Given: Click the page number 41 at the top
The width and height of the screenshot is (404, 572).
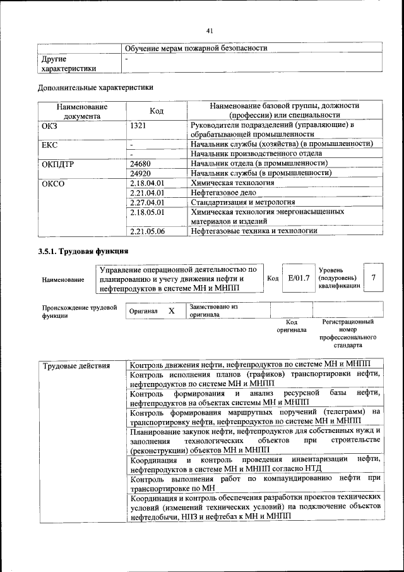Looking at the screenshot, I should [210, 29].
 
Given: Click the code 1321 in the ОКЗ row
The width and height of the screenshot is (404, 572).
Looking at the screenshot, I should [138, 126].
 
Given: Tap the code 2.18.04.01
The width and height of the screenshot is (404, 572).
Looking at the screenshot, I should [146, 183].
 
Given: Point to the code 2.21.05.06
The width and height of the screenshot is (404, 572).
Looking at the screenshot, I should [146, 231].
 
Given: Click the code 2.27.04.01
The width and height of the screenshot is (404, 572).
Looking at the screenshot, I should [146, 202].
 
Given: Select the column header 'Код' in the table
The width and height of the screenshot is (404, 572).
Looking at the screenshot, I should [157, 111].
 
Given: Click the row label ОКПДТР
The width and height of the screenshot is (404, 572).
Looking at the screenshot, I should [58, 164].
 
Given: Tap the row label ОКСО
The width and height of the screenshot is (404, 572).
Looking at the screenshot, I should [53, 183].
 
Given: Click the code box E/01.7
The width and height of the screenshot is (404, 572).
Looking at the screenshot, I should [298, 277].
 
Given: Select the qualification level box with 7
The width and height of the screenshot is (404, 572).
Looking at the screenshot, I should [374, 277].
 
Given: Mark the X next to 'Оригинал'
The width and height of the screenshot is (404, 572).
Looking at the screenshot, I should [171, 311].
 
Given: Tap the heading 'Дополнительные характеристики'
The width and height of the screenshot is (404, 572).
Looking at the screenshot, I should [95, 87].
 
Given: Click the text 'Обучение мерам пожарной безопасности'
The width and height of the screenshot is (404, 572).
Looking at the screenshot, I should [196, 48].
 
